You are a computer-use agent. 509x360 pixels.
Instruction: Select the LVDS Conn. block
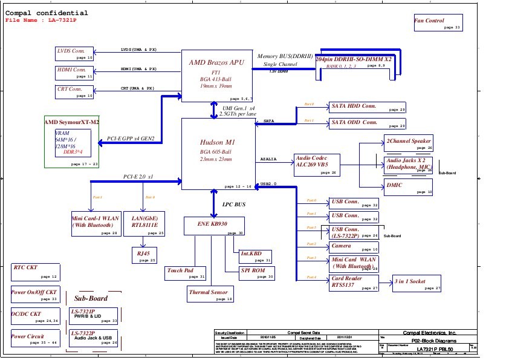75,53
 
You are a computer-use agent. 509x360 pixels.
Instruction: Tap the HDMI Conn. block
75,73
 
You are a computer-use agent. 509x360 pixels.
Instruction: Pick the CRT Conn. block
75,91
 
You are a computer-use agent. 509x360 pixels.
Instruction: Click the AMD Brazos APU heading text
217,62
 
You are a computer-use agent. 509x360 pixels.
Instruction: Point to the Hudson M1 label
216,143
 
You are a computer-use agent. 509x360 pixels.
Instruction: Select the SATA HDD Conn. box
367,108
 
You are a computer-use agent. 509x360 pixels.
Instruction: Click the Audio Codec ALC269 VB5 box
317,164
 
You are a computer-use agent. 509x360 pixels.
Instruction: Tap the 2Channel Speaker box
409,143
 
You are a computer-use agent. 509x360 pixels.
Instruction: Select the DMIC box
409,188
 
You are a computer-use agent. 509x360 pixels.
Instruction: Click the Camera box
354,247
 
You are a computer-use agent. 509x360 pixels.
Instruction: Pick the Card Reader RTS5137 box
354,283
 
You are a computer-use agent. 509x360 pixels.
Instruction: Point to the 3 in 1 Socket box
418,284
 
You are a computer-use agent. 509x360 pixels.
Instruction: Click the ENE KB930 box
215,226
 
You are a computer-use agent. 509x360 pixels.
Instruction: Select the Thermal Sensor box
210,295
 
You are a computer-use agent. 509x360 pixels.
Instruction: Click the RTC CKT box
36,272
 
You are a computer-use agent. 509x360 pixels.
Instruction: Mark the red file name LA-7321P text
42,21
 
